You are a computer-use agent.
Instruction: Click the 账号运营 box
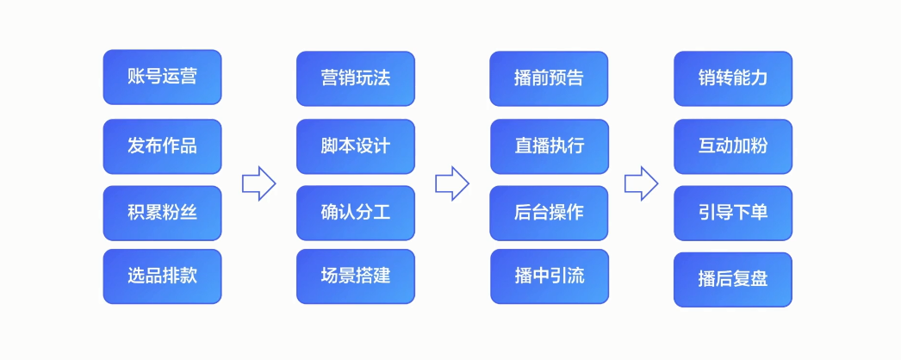(162, 77)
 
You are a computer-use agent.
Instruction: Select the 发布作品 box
(162, 146)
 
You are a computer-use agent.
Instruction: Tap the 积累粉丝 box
(162, 213)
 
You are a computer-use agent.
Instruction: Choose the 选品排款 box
(162, 276)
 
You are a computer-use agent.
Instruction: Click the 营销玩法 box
(356, 78)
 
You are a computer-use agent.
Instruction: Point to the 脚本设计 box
(356, 146)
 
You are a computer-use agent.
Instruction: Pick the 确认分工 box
(356, 213)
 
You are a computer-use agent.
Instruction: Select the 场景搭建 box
(356, 276)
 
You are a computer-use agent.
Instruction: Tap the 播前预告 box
(549, 78)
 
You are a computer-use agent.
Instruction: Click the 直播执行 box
(550, 146)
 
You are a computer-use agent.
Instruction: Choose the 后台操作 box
(549, 213)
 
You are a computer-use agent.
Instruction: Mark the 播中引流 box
(550, 276)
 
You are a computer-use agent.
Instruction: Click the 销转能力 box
(733, 78)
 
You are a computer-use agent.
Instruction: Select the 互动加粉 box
(733, 146)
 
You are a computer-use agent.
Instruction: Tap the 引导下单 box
(733, 213)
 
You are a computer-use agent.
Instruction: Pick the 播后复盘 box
(733, 280)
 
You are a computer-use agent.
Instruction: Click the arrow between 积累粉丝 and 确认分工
(259, 183)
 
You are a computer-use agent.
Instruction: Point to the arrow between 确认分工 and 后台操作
(452, 183)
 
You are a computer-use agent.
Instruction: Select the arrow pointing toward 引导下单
(641, 183)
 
